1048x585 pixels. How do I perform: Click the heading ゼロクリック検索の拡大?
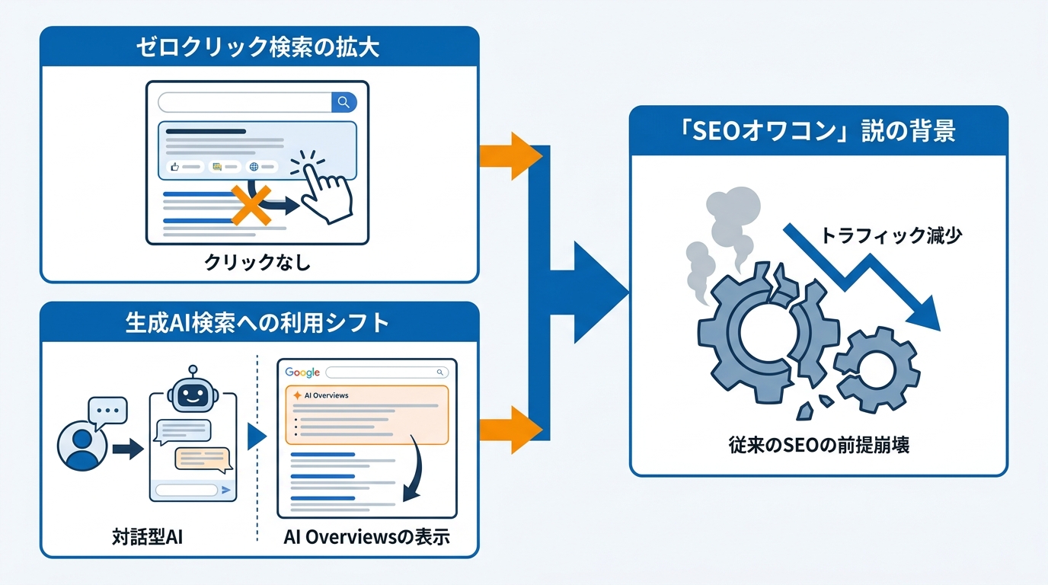pos(258,47)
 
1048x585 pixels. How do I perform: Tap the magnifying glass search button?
pos(343,102)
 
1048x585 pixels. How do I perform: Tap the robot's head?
pos(193,394)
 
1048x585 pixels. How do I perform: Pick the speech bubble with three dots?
pos(107,411)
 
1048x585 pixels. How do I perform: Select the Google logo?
pos(302,372)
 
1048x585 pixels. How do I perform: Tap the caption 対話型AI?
pos(147,536)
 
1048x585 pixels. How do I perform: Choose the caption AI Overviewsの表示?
pos(366,536)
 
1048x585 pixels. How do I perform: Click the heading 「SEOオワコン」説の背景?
pos(818,131)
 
